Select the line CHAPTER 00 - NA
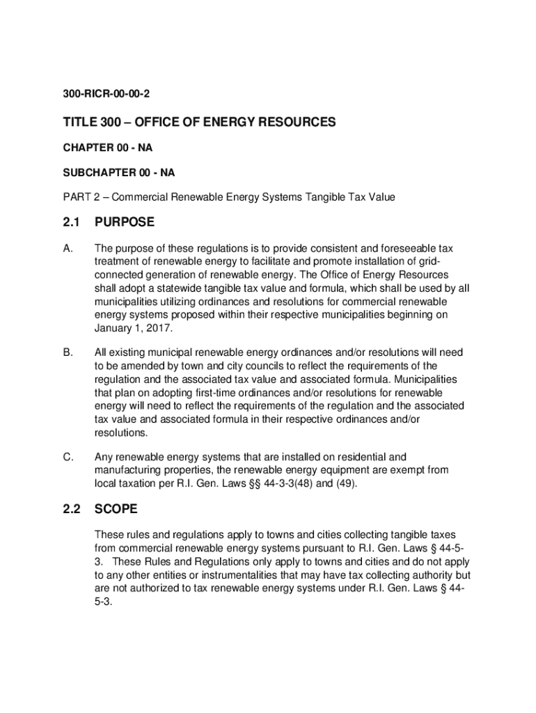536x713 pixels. click(105, 148)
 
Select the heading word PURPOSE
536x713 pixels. click(125, 223)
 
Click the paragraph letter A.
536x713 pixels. click(68, 249)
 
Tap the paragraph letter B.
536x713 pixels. click(68, 353)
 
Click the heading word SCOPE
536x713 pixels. click(116, 510)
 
